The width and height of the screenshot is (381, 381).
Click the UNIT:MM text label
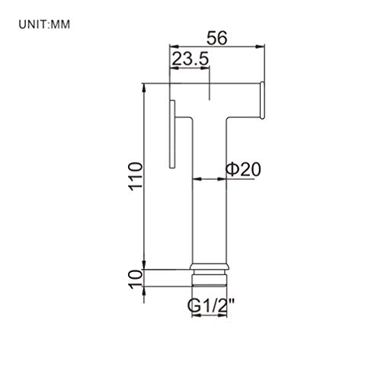point(44,24)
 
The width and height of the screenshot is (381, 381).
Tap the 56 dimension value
point(217,38)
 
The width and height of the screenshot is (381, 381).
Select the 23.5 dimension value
point(190,59)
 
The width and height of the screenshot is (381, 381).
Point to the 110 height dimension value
point(136,176)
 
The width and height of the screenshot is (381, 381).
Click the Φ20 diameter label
point(243,169)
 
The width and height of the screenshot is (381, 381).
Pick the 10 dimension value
point(136,279)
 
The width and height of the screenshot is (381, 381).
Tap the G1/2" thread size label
point(210,306)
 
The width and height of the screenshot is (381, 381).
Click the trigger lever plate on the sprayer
point(172,134)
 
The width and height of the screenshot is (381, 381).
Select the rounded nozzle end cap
point(262,100)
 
